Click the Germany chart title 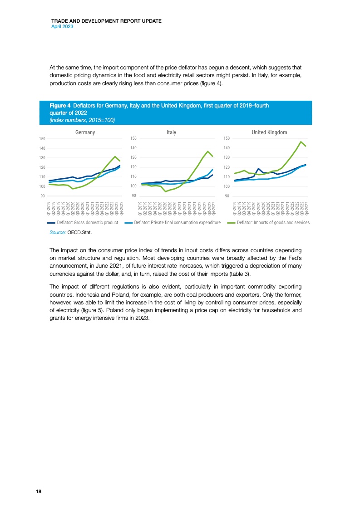[85, 132]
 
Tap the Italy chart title [171, 132]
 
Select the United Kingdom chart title [269, 132]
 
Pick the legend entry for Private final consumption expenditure [180, 222]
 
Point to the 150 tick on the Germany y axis [42, 138]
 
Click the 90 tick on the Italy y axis [134, 196]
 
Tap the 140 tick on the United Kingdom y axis [227, 148]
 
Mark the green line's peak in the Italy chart [207, 152]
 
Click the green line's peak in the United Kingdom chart [301, 142]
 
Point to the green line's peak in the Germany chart [115, 157]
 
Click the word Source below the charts [58, 232]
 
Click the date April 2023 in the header [62, 27]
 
